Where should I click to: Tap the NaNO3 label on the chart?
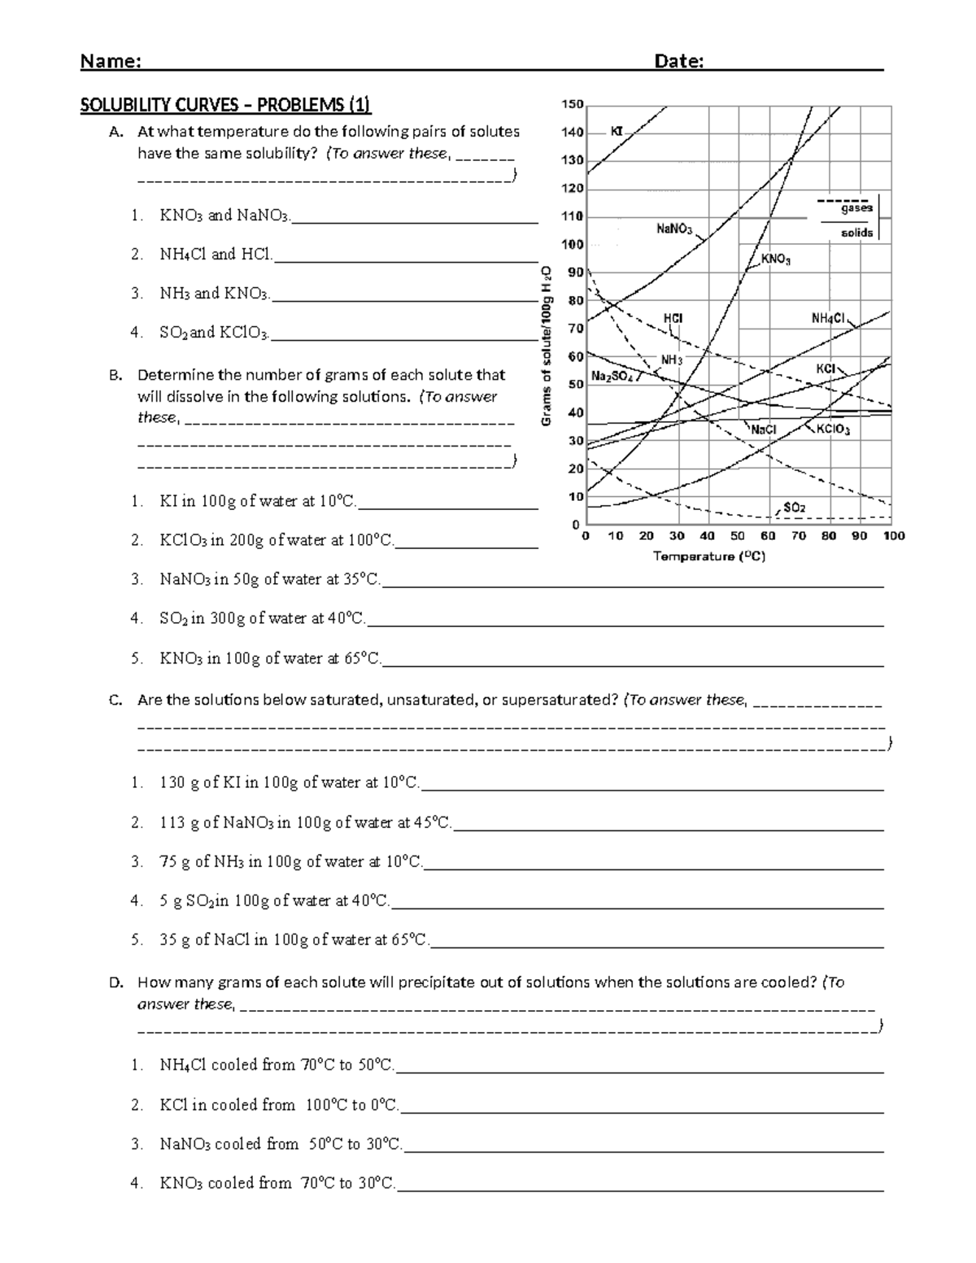(674, 229)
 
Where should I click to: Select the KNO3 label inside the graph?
(775, 259)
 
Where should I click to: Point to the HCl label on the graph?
(673, 318)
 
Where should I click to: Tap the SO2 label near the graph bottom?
(794, 507)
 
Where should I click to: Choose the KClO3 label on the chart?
(833, 429)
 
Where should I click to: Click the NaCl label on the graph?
(763, 429)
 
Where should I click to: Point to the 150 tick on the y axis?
(573, 104)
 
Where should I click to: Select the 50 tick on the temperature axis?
(737, 536)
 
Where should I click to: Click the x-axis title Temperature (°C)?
(708, 557)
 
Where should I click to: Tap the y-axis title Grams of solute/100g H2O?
(547, 345)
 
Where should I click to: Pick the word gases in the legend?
(856, 208)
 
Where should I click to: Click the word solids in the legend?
(856, 233)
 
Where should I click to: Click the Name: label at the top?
(111, 62)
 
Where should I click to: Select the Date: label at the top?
(678, 62)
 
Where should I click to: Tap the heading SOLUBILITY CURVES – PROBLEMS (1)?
(224, 104)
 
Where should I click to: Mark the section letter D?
(115, 982)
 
